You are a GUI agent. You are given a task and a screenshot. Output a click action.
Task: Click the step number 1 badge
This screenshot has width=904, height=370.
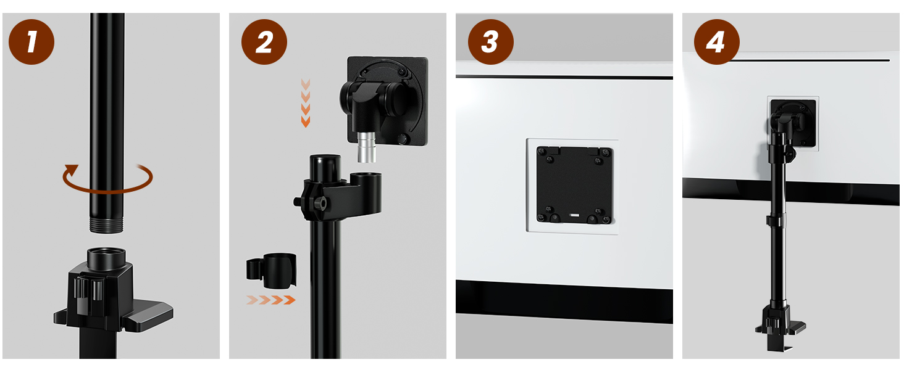pos(31,42)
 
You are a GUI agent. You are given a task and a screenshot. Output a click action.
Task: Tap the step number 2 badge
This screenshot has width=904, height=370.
pos(264,42)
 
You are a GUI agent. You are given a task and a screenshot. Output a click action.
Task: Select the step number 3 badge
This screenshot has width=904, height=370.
pos(491,42)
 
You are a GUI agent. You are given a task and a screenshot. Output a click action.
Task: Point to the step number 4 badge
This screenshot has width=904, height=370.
pos(717,42)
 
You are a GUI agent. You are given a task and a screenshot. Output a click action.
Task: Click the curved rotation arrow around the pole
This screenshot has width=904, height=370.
pos(108,192)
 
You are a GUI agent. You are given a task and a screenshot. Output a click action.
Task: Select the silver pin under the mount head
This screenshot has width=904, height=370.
pos(367,147)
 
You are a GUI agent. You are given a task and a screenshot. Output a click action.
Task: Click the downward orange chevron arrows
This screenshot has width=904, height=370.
pos(306,103)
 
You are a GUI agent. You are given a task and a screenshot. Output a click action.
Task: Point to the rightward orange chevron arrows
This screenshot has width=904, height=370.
pos(271,300)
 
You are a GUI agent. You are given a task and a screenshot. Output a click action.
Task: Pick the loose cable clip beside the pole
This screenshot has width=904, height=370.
pos(272,271)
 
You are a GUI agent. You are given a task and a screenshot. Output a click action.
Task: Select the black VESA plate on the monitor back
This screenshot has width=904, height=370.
pos(574,185)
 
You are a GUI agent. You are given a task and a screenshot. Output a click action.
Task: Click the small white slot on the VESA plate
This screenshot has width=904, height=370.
pos(574,216)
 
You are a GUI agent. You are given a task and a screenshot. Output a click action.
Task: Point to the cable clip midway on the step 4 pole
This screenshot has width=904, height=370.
pos(776,221)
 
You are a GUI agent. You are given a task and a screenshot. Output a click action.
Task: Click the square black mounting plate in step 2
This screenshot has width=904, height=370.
pos(387,101)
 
